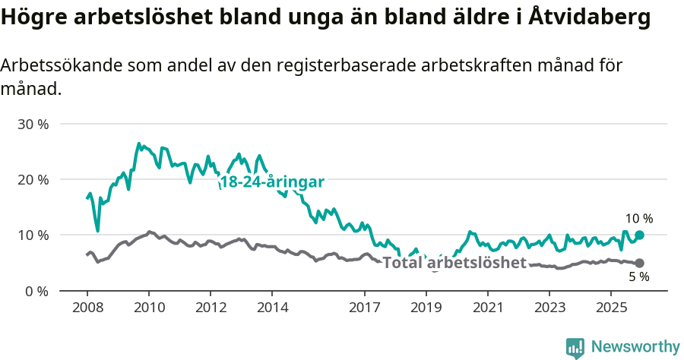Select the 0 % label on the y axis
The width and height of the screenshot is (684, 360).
pos(36,291)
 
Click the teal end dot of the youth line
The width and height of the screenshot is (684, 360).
pos(639,235)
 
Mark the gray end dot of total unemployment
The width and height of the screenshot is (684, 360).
pos(639,263)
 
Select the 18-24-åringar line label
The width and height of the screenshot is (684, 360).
pos(271,182)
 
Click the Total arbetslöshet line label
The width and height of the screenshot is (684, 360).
pos(454,263)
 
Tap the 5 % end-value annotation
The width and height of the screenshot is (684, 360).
pos(638,277)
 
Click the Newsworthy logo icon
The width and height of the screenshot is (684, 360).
pos(575,348)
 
